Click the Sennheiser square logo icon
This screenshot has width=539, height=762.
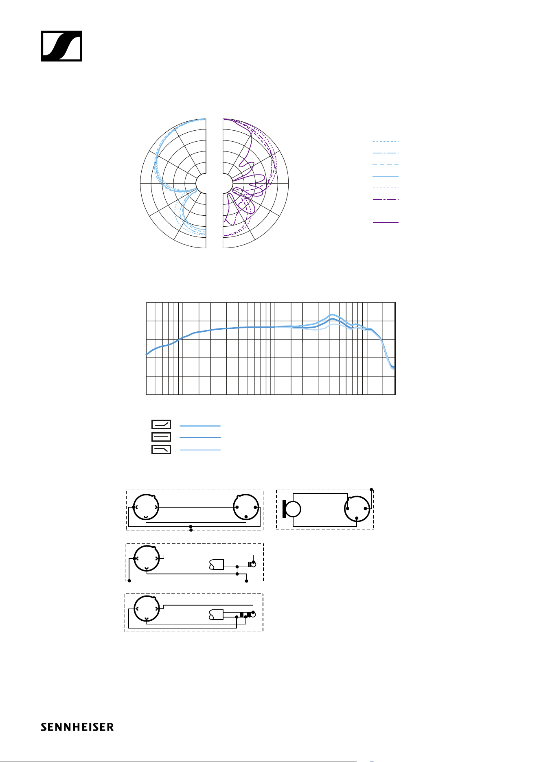coord(61,46)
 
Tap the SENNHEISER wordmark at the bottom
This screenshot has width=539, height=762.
coord(77,727)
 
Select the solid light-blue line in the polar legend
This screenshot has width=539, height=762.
coord(386,176)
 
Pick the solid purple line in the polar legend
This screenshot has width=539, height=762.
coord(386,223)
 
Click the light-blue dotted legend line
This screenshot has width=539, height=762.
coord(386,142)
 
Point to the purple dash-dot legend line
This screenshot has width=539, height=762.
coord(386,199)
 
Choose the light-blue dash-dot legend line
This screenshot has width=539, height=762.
coord(386,153)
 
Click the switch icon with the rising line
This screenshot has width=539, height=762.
coord(161,425)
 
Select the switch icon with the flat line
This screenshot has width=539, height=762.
coord(161,437)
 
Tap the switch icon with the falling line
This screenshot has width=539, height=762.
coord(161,449)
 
